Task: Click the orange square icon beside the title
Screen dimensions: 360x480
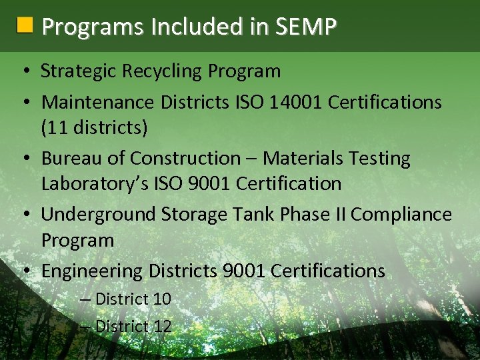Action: click(24, 26)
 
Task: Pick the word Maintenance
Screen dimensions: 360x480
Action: click(98, 102)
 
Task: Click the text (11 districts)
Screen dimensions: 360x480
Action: click(94, 127)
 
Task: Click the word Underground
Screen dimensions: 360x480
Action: click(98, 214)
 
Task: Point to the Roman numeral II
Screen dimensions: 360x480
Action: click(339, 214)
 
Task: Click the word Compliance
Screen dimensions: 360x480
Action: click(401, 214)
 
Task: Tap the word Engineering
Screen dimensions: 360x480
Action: click(92, 271)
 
